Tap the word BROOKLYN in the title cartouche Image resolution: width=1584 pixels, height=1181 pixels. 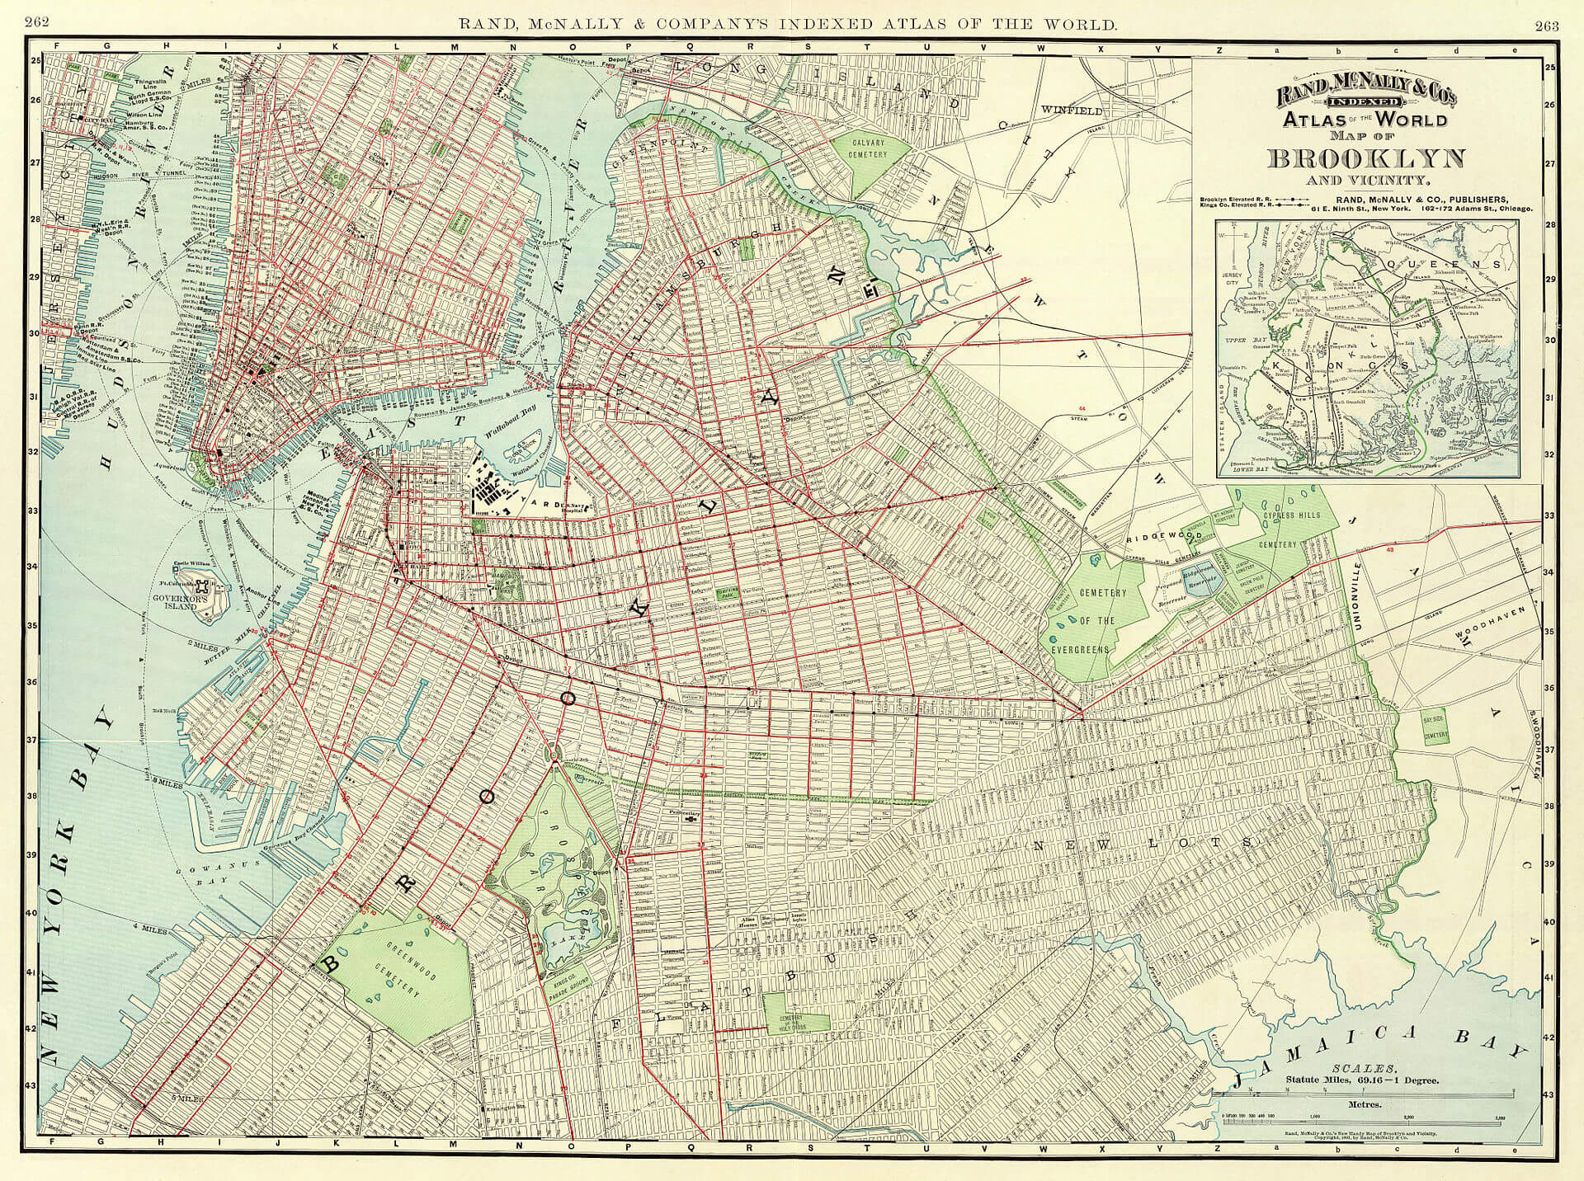tap(1366, 158)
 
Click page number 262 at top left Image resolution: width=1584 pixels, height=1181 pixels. tap(38, 22)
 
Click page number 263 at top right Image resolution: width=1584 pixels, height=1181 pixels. tap(1546, 25)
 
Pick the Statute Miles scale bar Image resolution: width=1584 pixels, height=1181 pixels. tap(1366, 1094)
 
